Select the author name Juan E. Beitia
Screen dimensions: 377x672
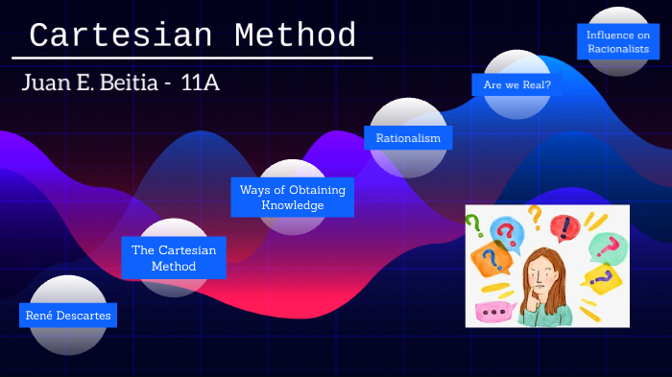point(95,82)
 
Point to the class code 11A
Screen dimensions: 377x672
point(200,82)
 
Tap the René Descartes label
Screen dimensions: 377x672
point(68,315)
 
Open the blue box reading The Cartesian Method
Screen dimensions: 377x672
point(174,258)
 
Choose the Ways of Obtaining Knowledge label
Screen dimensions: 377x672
point(293,198)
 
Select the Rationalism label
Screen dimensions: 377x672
point(408,138)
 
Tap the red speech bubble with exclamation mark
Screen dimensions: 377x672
point(565,228)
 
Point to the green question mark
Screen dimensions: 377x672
point(474,225)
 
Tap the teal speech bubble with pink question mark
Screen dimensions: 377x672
point(607,248)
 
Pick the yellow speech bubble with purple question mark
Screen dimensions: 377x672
point(603,280)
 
